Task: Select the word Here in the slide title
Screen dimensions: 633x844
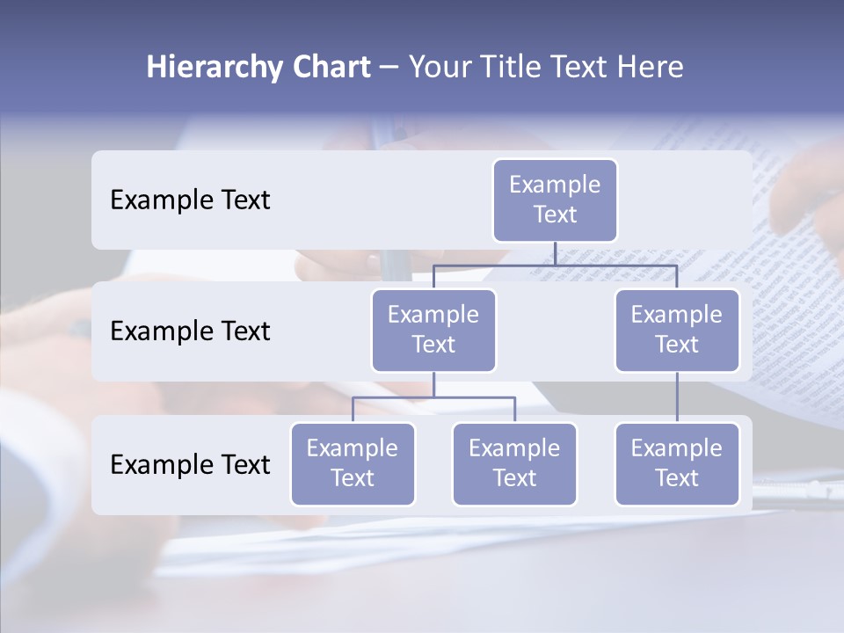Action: click(x=650, y=68)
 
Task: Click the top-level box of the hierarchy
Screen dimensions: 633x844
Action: click(x=555, y=200)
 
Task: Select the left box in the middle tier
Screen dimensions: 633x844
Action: click(x=433, y=330)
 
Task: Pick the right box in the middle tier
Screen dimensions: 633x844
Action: click(x=677, y=330)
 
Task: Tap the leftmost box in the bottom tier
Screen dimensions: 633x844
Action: click(x=353, y=463)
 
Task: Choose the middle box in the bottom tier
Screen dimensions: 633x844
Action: click(x=514, y=463)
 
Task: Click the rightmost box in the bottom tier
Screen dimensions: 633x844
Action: click(x=677, y=463)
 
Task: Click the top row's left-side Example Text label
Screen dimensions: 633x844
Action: click(x=190, y=200)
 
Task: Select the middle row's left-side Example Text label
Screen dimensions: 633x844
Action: click(x=190, y=331)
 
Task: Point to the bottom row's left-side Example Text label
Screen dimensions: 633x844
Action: click(x=190, y=465)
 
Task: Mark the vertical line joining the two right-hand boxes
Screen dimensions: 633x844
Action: click(x=677, y=397)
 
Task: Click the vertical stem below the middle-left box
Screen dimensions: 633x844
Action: click(x=433, y=384)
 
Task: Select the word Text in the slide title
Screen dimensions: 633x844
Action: click(x=583, y=68)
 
